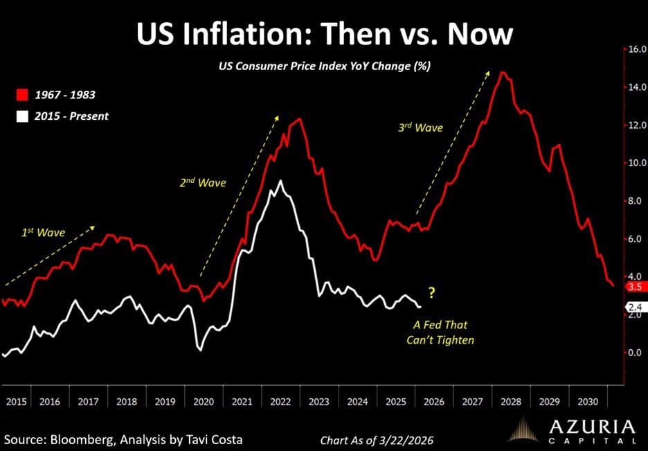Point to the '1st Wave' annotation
[42, 232]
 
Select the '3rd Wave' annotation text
[420, 127]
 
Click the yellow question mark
[431, 293]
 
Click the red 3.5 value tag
[635, 286]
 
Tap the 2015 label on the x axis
[15, 401]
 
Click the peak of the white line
[279, 181]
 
